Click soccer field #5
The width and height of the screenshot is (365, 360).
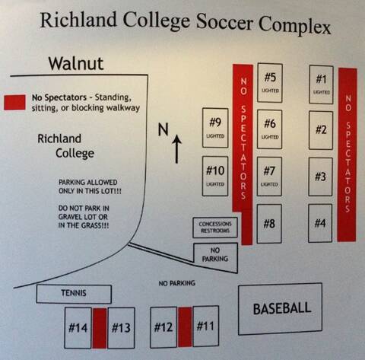pyautogui.click(x=270, y=83)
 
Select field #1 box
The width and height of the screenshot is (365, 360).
pyautogui.click(x=321, y=84)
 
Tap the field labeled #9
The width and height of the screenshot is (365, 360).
pyautogui.click(x=215, y=128)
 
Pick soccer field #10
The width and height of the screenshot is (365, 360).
pyautogui.click(x=215, y=176)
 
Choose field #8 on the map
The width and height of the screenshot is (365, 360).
pyautogui.click(x=269, y=224)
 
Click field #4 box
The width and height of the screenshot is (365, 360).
pyautogui.click(x=320, y=223)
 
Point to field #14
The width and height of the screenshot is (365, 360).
pyautogui.click(x=78, y=328)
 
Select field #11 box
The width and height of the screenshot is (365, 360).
pyautogui.click(x=205, y=326)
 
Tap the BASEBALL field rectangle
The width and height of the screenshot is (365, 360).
pyautogui.click(x=280, y=308)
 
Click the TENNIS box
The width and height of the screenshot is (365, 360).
pyautogui.click(x=74, y=294)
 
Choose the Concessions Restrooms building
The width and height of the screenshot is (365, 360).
pyautogui.click(x=215, y=228)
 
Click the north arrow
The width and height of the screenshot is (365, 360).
pyautogui.click(x=176, y=149)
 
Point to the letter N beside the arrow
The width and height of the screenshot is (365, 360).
pyautogui.click(x=163, y=129)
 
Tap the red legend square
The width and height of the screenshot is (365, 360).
pyautogui.click(x=14, y=103)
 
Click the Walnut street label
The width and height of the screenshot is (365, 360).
pyautogui.click(x=76, y=64)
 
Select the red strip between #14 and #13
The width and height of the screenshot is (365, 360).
pyautogui.click(x=100, y=328)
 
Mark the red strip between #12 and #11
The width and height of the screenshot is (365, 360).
pyautogui.click(x=185, y=327)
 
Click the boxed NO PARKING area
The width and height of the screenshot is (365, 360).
pyautogui.click(x=215, y=256)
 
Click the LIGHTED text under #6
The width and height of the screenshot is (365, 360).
pyautogui.click(x=270, y=137)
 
